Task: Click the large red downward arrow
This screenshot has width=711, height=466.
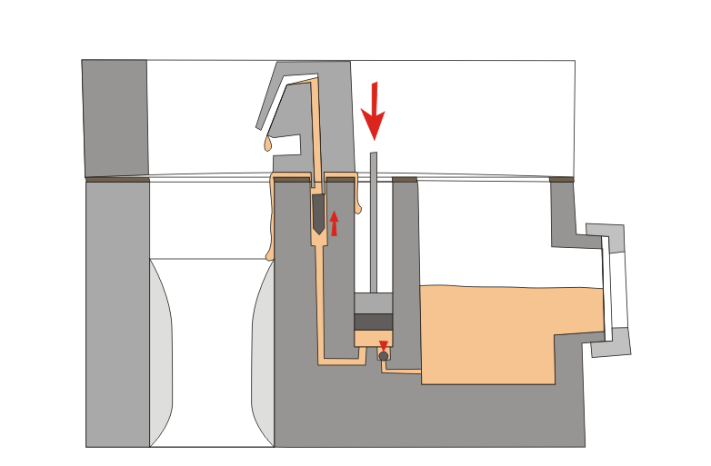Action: (x=373, y=113)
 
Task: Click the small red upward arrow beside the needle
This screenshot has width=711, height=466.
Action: (x=334, y=223)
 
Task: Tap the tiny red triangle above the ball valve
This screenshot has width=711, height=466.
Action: (x=384, y=345)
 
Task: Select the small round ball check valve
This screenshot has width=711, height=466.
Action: (x=384, y=356)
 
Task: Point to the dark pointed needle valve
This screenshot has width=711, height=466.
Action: (x=317, y=214)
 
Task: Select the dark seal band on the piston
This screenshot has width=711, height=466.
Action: (x=373, y=322)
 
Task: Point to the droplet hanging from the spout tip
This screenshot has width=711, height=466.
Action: (x=267, y=144)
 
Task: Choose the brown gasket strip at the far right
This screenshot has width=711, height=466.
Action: (x=562, y=179)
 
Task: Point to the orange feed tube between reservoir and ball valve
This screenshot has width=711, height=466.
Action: (x=401, y=372)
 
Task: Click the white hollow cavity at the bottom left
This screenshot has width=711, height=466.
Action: (x=211, y=354)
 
